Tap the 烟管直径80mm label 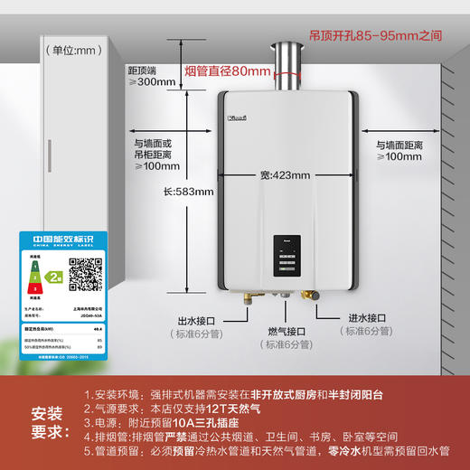pyautogui.click(x=227, y=70)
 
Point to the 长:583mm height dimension pyautogui.click(x=188, y=192)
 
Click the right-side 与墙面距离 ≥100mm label pyautogui.click(x=399, y=149)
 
